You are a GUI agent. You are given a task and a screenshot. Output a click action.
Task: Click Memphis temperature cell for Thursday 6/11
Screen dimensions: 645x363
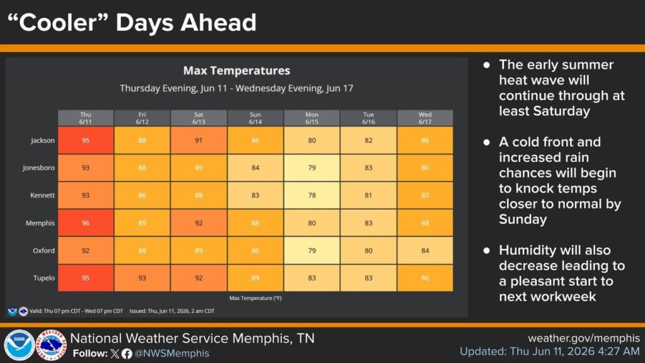coord(86,222)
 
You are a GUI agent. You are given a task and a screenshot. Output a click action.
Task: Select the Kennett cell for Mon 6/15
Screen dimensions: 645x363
coord(312,195)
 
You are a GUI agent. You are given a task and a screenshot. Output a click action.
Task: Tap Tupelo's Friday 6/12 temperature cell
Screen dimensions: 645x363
coord(142,278)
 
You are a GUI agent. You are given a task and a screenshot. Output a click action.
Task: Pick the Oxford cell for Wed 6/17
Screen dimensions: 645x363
coord(425,250)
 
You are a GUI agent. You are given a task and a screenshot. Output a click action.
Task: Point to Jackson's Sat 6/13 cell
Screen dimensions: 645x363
coord(198,141)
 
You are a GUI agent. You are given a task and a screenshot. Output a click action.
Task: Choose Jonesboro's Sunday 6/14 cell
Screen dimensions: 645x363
coord(255,168)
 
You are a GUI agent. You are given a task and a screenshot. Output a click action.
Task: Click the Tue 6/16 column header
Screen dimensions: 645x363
coord(368,118)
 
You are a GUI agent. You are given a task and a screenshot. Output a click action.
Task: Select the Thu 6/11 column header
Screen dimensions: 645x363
coord(86,118)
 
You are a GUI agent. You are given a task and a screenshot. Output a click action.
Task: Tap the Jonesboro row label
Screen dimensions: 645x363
coord(38,168)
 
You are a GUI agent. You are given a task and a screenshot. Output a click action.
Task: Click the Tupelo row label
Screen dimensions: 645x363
coord(44,278)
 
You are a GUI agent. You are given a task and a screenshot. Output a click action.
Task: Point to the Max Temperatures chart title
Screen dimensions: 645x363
coord(237,71)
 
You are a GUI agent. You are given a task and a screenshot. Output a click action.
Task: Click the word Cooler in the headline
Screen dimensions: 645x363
coord(57,22)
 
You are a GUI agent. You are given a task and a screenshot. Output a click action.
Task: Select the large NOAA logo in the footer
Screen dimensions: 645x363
coord(19,345)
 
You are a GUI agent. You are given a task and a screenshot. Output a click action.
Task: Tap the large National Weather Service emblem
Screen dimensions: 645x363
coord(51,345)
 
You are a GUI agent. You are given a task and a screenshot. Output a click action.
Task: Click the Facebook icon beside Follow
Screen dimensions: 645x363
coord(127,354)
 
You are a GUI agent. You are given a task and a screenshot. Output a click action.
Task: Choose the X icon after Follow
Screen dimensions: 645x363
coord(115,354)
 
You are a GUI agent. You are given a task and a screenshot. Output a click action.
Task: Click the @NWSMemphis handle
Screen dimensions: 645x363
coord(171,354)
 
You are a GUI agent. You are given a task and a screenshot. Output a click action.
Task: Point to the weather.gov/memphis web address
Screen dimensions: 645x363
coord(584,338)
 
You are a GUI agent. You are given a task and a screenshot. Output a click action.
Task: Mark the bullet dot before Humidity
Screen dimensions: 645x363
coord(487,250)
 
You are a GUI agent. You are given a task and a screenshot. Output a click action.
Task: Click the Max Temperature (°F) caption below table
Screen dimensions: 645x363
coord(256,298)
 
